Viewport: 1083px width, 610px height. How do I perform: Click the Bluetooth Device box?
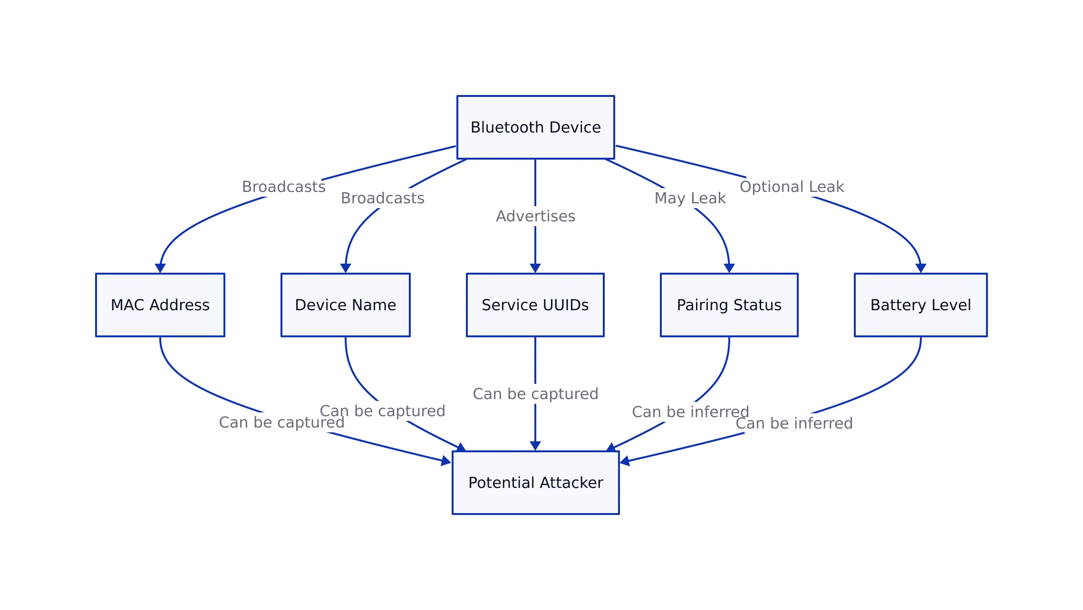pos(535,127)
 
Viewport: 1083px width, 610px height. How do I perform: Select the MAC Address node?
pos(160,305)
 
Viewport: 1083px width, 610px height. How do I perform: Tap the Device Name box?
pos(345,305)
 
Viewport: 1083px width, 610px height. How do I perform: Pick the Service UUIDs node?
pos(535,305)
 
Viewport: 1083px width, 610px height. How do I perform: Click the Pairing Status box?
pos(729,305)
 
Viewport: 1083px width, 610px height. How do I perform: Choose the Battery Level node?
pos(920,305)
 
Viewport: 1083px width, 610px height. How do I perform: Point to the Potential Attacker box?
pos(535,483)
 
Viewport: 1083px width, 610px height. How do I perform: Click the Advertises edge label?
pos(535,216)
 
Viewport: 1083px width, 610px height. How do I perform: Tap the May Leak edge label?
pos(690,198)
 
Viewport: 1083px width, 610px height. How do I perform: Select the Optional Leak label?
pos(792,187)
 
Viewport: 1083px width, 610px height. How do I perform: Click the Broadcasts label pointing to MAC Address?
pos(283,187)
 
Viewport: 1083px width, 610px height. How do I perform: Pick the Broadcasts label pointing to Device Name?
pos(382,198)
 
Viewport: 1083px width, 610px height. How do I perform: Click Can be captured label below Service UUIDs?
pos(535,394)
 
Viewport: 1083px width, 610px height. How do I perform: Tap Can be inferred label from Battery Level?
pos(794,423)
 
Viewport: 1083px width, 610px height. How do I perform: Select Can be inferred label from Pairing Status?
pos(690,412)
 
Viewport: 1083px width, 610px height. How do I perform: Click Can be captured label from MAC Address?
pos(281,422)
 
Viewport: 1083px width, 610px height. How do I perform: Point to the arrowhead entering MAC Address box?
pos(160,268)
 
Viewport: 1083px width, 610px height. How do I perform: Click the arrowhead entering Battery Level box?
pos(921,268)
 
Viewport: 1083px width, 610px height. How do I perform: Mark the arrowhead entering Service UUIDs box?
pos(535,268)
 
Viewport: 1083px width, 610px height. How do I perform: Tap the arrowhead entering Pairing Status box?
pos(729,268)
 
